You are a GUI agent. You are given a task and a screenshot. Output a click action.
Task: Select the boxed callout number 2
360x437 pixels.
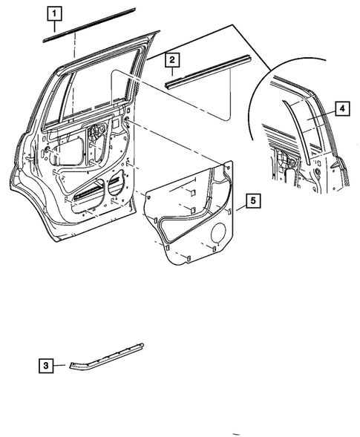[x=171, y=59]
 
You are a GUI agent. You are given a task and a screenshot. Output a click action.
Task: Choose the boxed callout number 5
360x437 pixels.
[x=252, y=200]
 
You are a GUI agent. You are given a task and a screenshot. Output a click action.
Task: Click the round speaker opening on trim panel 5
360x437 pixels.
[x=219, y=235]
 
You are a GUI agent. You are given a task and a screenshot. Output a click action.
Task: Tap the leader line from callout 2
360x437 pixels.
[x=171, y=73]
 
